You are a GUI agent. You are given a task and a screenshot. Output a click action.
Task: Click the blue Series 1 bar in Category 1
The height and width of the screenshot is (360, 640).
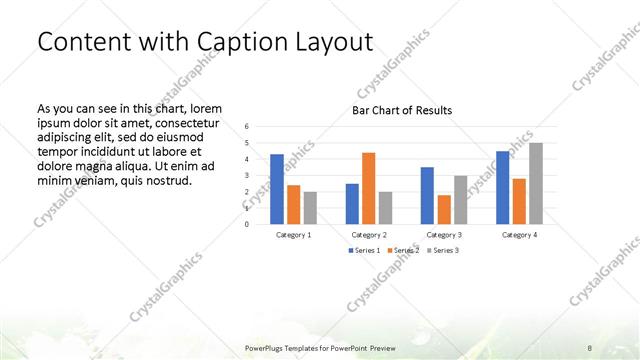(x=276, y=189)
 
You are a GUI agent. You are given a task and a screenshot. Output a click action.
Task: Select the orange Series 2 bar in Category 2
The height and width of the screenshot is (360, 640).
(x=368, y=188)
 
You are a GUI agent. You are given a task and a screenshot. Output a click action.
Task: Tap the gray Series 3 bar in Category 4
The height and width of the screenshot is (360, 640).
(x=535, y=184)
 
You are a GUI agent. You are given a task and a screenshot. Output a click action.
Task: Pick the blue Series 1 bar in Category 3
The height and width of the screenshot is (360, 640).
(x=427, y=196)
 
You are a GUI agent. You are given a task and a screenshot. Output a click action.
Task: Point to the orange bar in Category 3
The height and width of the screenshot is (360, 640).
(x=443, y=210)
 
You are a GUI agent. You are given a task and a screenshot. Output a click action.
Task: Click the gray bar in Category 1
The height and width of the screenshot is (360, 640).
(x=310, y=208)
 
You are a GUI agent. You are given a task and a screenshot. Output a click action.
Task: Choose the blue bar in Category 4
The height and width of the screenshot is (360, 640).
(x=502, y=188)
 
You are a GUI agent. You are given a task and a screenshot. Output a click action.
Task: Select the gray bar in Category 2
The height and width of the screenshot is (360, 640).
(x=385, y=208)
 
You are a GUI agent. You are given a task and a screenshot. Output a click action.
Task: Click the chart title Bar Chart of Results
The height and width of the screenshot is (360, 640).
(x=401, y=110)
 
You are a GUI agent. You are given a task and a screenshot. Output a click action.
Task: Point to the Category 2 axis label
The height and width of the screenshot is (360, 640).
(x=368, y=234)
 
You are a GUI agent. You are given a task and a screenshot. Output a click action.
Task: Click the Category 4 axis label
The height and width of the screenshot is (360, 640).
(x=518, y=234)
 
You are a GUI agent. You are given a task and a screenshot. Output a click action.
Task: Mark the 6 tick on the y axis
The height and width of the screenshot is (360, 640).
(x=247, y=126)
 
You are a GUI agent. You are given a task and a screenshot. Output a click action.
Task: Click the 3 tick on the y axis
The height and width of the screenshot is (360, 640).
(x=247, y=175)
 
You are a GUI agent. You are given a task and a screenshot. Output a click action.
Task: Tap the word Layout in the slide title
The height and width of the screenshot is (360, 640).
(x=343, y=43)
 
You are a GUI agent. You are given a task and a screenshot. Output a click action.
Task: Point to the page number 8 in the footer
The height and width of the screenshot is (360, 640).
(x=590, y=347)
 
